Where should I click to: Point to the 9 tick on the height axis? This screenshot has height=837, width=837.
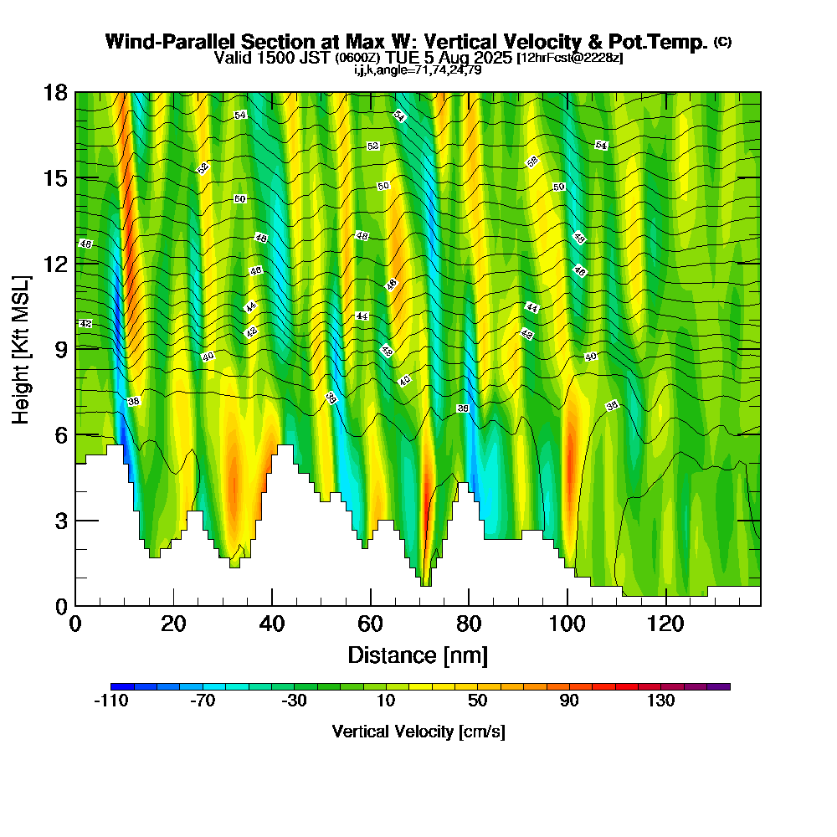pyautogui.click(x=75, y=348)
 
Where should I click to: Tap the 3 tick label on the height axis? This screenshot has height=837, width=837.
pyautogui.click(x=61, y=520)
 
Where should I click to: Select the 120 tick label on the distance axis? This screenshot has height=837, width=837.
pyautogui.click(x=665, y=624)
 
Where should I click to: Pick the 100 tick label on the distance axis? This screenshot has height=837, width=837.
pyautogui.click(x=567, y=624)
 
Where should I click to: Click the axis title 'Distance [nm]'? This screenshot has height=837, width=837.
pyautogui.click(x=418, y=655)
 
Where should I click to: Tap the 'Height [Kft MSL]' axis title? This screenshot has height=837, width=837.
pyautogui.click(x=22, y=348)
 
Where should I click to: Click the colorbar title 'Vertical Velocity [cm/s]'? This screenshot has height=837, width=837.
pyautogui.click(x=418, y=732)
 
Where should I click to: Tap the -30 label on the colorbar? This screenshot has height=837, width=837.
pyautogui.click(x=295, y=701)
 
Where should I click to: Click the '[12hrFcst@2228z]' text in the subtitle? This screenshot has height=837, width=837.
pyautogui.click(x=570, y=58)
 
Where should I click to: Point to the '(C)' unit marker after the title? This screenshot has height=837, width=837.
pyautogui.click(x=722, y=42)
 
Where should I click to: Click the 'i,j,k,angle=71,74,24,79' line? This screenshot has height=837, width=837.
pyautogui.click(x=418, y=69)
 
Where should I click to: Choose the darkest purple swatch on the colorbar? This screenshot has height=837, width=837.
pyautogui.click(x=719, y=686)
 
